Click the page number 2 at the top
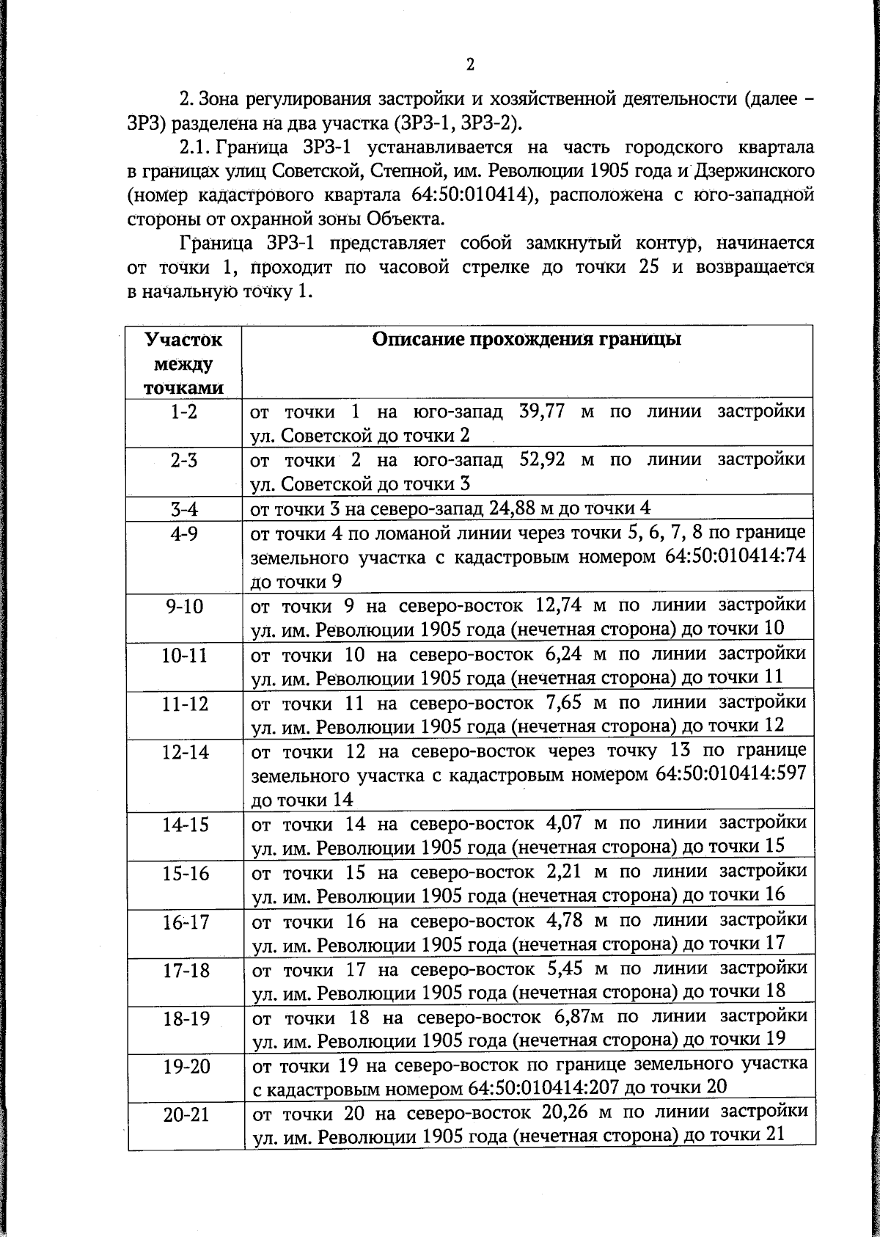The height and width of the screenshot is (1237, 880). click(x=470, y=64)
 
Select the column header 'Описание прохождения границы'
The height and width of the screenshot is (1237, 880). click(x=527, y=340)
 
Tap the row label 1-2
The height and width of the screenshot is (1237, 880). click(x=184, y=412)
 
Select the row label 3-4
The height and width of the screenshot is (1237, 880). click(x=184, y=509)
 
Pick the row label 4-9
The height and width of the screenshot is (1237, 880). click(x=184, y=533)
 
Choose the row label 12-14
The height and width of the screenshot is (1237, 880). click(x=186, y=751)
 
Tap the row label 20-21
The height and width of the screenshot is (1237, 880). click(x=186, y=1114)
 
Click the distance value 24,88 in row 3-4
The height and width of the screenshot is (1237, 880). click(x=491, y=508)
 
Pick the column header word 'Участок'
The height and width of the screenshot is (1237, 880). click(x=183, y=340)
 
